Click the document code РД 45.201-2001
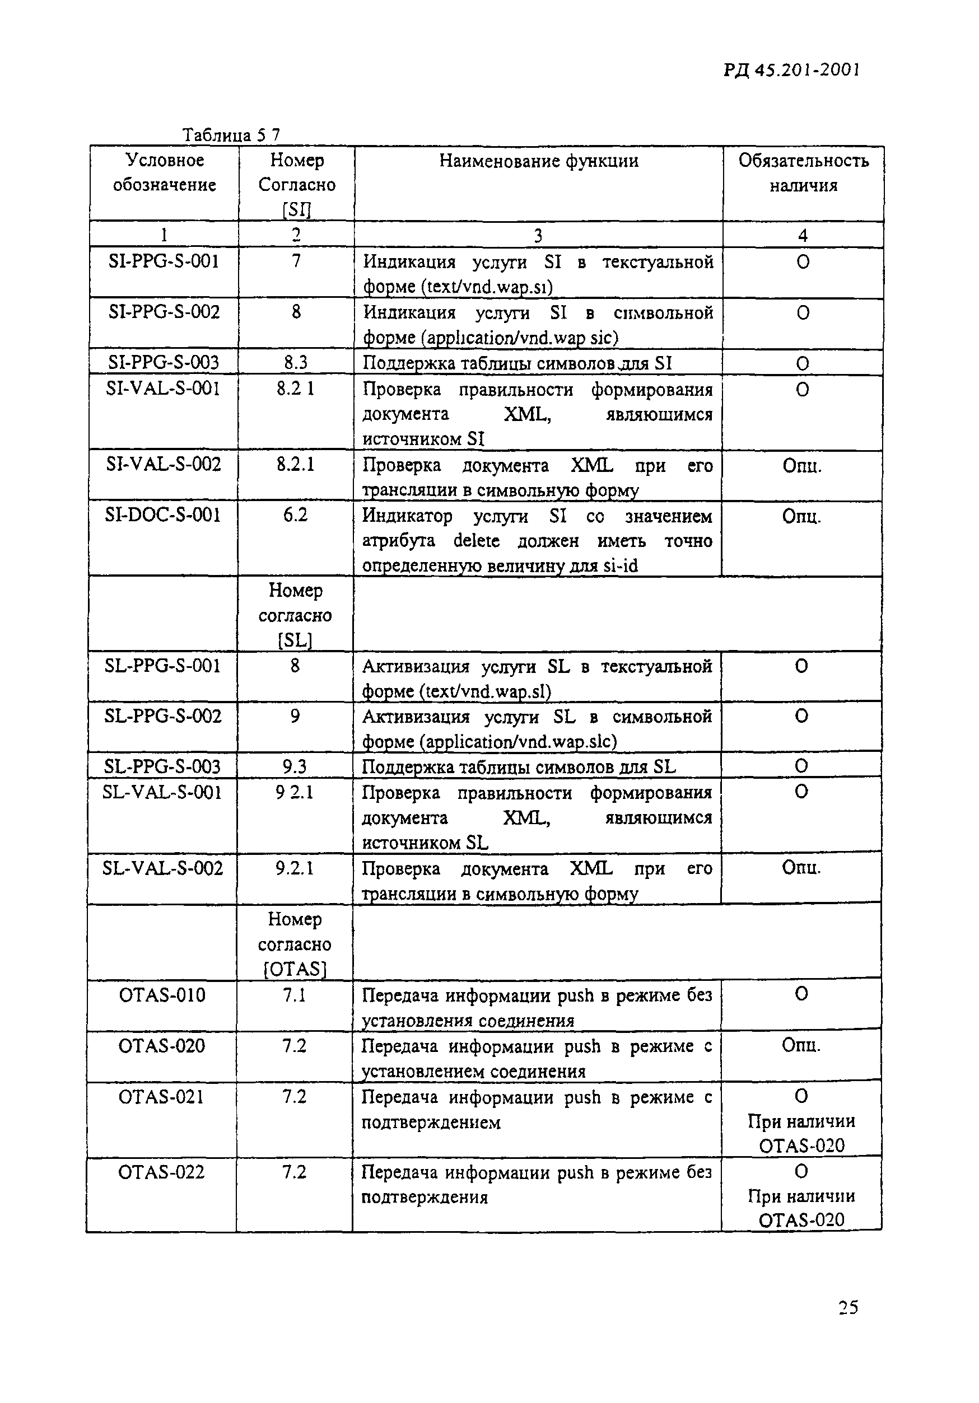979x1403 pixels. coord(791,71)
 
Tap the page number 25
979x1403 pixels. coord(848,1307)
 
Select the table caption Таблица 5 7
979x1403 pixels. coord(231,134)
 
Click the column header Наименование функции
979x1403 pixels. coord(538,161)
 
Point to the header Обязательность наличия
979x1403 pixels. coord(803,172)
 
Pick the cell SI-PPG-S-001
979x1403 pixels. coord(164,261)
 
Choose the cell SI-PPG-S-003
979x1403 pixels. coord(164,363)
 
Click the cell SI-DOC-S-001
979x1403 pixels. coord(163,515)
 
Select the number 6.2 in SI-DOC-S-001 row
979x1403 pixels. coord(295,515)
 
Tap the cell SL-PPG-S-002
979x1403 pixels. coord(163,716)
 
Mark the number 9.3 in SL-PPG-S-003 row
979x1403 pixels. coord(295,766)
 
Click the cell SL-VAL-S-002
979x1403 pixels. coord(163,868)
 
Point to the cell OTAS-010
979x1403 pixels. coord(162,995)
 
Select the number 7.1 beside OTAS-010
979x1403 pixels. coord(294,995)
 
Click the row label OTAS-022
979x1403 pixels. coord(162,1172)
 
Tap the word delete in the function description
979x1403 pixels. coord(476,541)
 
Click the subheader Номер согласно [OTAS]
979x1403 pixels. coord(295,944)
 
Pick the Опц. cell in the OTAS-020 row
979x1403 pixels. coord(801,1045)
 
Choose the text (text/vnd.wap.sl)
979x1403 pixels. coord(485,692)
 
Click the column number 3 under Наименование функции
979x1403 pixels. coord(538,235)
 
